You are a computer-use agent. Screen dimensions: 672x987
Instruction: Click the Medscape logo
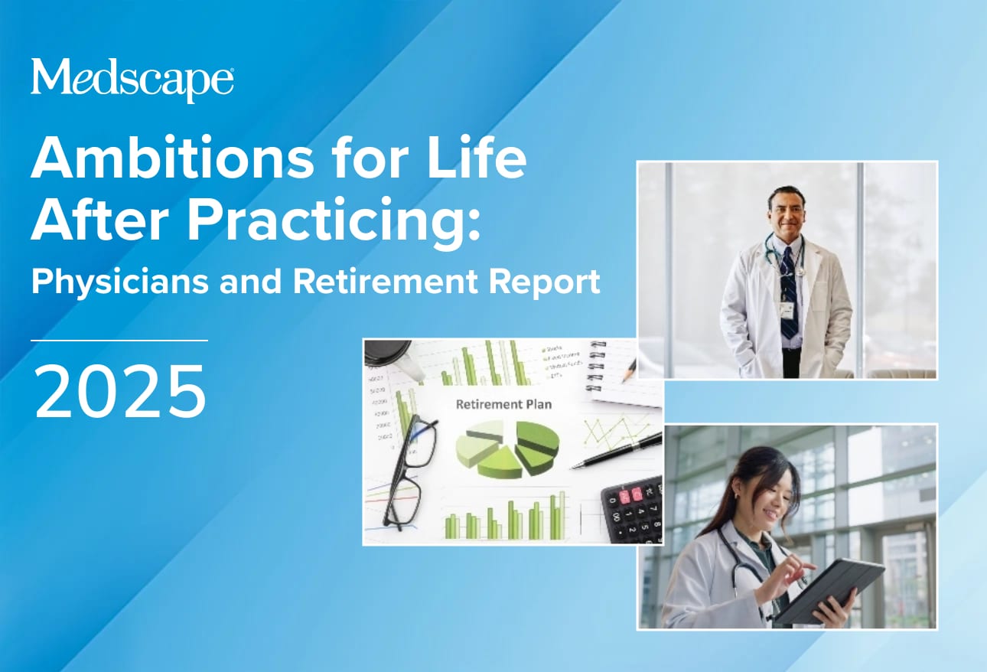pos(132,79)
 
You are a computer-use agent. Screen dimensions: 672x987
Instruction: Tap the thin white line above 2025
pos(119,340)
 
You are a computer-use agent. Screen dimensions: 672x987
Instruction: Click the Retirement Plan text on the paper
pos(503,403)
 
